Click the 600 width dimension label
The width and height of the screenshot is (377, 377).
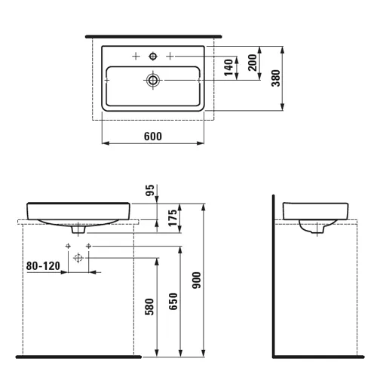click(153, 136)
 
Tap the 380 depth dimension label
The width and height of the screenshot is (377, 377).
click(276, 78)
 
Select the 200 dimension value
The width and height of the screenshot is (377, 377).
click(253, 63)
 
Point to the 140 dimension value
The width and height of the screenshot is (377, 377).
click(228, 67)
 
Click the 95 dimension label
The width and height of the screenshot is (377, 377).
click(150, 190)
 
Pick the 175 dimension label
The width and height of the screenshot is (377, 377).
click(173, 218)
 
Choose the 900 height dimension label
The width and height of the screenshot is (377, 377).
click(197, 280)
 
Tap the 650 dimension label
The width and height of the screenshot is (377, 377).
click(173, 302)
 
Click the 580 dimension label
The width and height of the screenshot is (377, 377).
click(149, 307)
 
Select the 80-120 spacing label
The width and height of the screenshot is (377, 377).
click(43, 266)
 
